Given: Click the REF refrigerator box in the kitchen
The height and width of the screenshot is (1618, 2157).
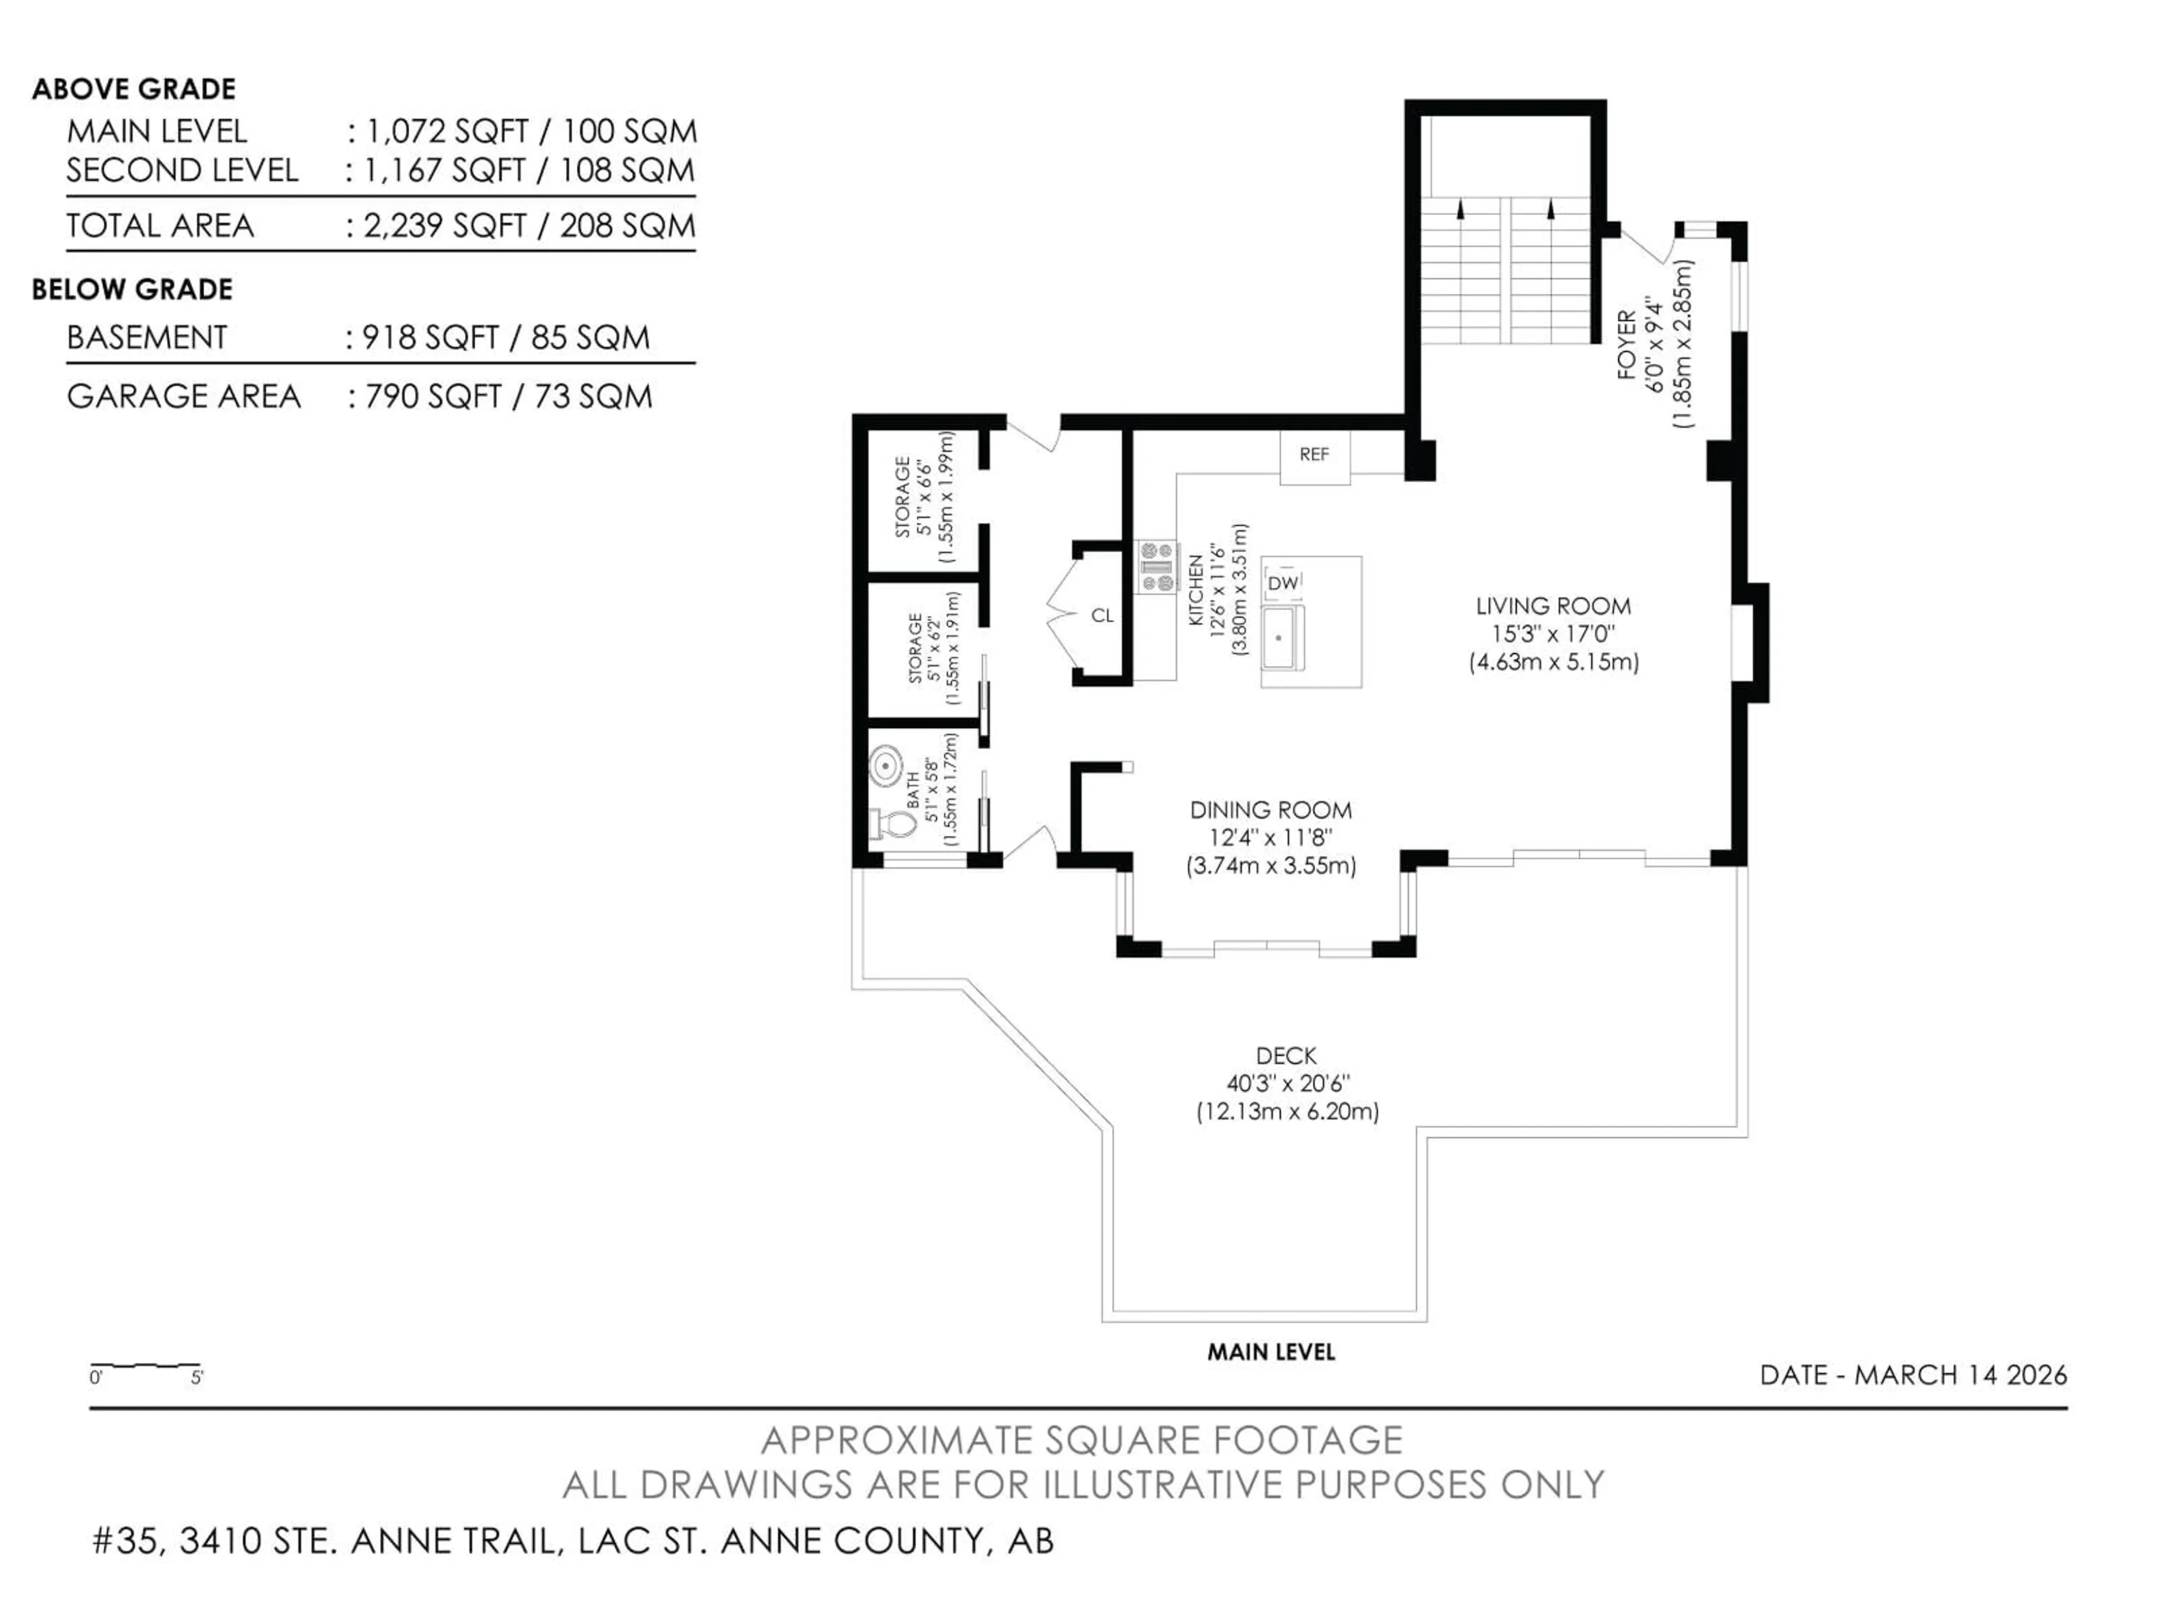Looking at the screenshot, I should pyautogui.click(x=1314, y=456).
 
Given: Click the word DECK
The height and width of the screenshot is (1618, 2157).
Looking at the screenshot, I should pyautogui.click(x=1286, y=1056).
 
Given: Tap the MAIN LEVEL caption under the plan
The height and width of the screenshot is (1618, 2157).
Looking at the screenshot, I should pyautogui.click(x=1271, y=1352).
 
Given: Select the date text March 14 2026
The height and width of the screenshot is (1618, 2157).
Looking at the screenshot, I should pyautogui.click(x=1960, y=1375).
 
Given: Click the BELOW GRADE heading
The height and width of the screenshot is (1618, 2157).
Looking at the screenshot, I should pyautogui.click(x=133, y=290).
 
